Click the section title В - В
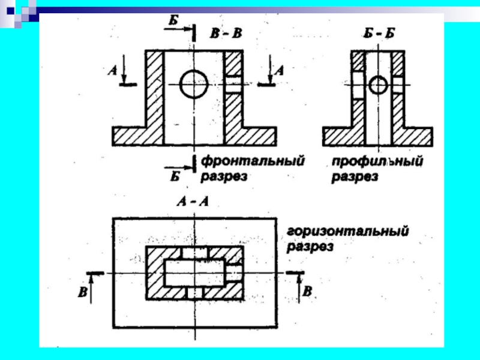[x=226, y=33]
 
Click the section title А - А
[x=192, y=203]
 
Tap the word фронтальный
[x=252, y=161]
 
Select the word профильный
[x=378, y=161]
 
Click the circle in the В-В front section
[x=194, y=84]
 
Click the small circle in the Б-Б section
[x=377, y=85]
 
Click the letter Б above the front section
[x=172, y=20]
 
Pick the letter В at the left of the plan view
[x=82, y=292]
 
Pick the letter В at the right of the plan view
[x=307, y=292]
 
